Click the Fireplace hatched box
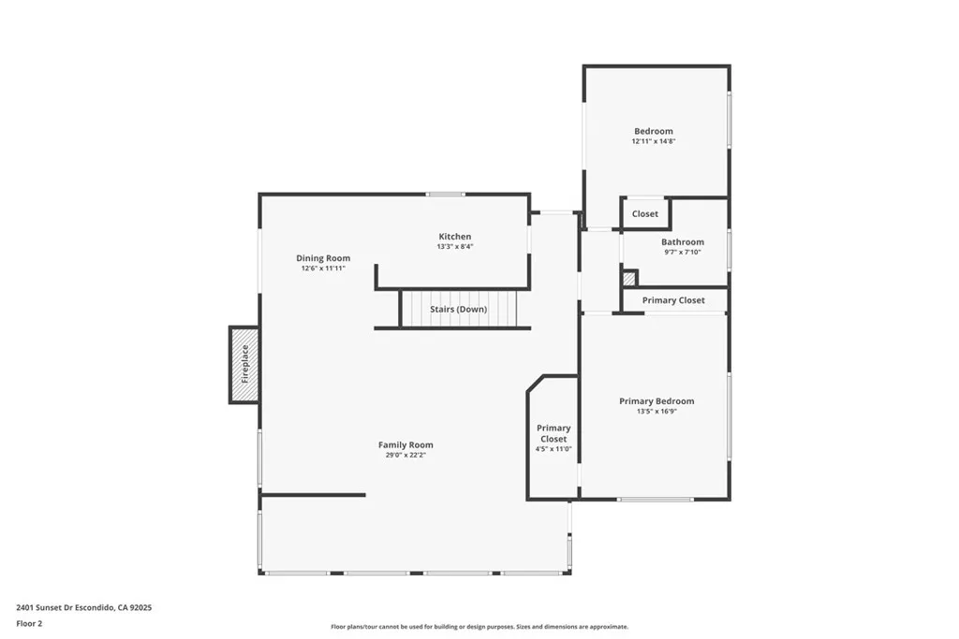[x=244, y=365]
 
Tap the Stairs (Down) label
[x=458, y=309]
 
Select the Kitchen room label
[x=455, y=237]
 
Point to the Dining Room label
[x=323, y=258]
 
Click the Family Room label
[x=406, y=445]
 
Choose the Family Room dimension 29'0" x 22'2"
[x=406, y=456]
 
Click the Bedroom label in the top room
[x=653, y=132]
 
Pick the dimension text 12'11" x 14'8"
[x=653, y=142]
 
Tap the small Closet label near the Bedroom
[x=645, y=214]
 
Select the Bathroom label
[x=682, y=242]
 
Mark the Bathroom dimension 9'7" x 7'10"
[x=682, y=253]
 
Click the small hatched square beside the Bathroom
[x=629, y=278]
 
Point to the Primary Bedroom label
[x=657, y=401]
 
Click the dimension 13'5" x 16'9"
[x=657, y=412]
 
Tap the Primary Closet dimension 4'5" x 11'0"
[x=553, y=449]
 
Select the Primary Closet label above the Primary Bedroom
[x=673, y=300]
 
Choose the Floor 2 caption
[x=30, y=622]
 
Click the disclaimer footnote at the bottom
[x=479, y=627]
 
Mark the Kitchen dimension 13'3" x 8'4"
[x=455, y=247]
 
